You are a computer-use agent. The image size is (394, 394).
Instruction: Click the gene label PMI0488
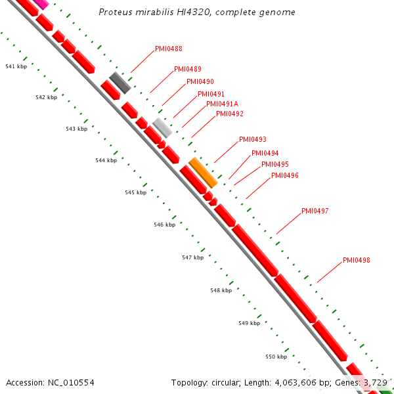(169, 49)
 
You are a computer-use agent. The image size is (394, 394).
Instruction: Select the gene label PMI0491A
(223, 104)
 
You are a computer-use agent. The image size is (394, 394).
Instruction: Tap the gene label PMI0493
(253, 139)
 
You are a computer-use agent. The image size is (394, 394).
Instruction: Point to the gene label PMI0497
(315, 211)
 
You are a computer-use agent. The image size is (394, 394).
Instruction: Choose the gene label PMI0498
(357, 260)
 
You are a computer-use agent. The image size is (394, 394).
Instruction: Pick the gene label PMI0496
(285, 175)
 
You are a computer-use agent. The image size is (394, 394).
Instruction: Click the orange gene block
(203, 172)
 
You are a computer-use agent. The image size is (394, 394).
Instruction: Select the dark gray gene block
(121, 83)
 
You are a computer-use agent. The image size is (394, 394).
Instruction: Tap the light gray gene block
(162, 127)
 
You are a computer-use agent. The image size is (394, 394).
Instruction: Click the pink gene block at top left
(41, 3)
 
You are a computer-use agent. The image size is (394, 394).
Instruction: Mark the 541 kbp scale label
(16, 66)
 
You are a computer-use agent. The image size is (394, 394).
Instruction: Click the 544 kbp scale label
(106, 160)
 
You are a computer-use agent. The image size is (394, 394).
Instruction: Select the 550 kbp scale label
(276, 357)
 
